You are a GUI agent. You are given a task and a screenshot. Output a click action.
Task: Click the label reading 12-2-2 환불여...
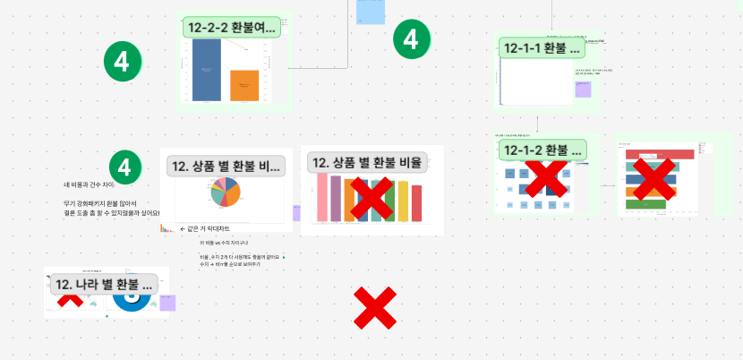click(234, 28)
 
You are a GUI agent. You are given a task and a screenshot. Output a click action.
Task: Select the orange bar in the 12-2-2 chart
click(244, 86)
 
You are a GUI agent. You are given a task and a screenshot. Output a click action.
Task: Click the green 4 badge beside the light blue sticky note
click(411, 39)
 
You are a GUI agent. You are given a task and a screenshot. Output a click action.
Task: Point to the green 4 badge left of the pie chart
click(126, 167)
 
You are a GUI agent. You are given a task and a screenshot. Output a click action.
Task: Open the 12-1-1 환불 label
click(542, 47)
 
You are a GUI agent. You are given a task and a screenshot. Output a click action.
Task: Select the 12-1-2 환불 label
click(542, 150)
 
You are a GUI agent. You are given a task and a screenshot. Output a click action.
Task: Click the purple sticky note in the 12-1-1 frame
click(583, 89)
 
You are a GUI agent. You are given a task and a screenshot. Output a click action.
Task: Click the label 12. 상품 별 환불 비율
click(365, 162)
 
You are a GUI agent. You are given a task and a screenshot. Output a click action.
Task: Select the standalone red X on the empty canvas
click(375, 309)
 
